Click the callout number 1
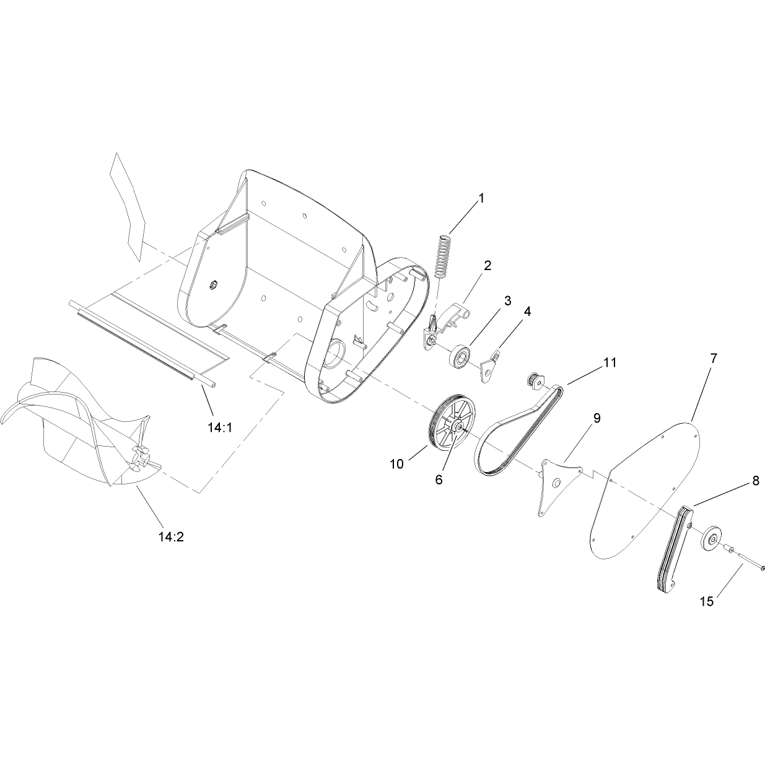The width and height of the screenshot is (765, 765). tap(481, 198)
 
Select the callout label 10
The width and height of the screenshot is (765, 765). tap(396, 464)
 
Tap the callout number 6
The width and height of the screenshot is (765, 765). tap(439, 479)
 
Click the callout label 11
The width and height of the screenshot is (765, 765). tap(610, 362)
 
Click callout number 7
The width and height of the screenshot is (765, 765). tap(714, 359)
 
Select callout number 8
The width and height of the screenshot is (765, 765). tap(756, 481)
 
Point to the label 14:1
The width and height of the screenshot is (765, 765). tap(220, 427)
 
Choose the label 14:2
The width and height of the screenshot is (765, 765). tap(172, 536)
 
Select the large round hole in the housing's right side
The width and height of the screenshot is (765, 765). tap(334, 352)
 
